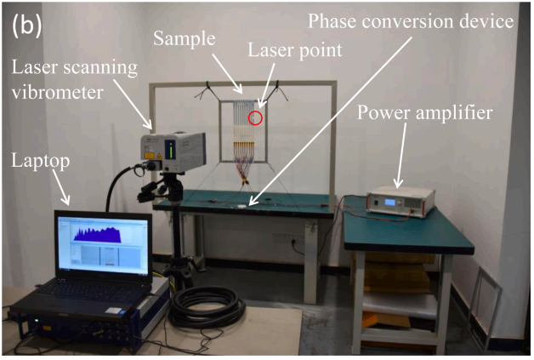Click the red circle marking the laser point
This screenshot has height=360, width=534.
click(255, 117)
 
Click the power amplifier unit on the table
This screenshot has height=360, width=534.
click(402, 200)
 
